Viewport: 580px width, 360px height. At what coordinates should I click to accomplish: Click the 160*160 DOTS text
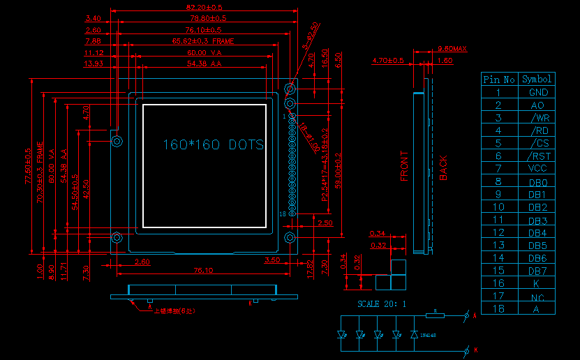coord(213,144)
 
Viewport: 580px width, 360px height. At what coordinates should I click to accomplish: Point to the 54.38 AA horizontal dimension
coord(204,63)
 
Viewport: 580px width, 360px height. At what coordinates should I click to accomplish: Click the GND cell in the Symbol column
coord(537,92)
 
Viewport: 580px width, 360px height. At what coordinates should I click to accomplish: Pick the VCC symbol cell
coord(537,168)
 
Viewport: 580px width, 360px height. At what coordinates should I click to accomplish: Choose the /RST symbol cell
coord(537,156)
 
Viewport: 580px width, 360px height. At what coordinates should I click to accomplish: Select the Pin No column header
coord(499,80)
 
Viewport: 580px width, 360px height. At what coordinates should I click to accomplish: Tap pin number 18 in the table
coord(499,308)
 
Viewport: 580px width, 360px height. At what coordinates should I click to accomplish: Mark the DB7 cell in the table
coord(537,271)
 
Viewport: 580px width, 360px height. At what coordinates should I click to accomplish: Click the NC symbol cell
coord(537,297)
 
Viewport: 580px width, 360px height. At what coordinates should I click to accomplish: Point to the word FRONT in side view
coord(404,165)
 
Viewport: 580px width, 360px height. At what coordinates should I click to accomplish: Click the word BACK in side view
coord(443,167)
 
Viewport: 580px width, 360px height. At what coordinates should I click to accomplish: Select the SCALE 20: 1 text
coord(382,303)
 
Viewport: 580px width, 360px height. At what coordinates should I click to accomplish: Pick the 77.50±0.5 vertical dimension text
coord(29,166)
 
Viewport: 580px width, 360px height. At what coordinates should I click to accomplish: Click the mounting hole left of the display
coord(117,142)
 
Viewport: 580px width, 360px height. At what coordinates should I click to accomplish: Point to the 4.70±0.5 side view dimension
coord(389,61)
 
